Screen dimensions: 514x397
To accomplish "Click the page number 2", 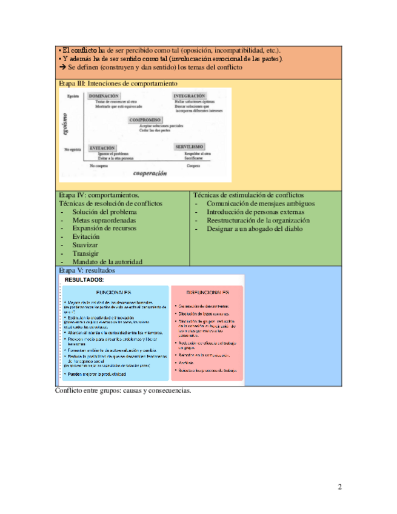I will pyautogui.click(x=340, y=487).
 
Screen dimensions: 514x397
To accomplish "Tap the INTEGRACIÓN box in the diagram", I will pyautogui.click(x=189, y=96).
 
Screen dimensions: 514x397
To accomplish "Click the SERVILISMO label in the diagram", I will pyautogui.click(x=189, y=147).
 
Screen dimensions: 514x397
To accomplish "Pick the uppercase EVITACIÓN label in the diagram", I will pyautogui.click(x=102, y=147).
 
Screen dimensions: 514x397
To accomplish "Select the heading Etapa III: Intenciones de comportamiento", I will pyautogui.click(x=118, y=83).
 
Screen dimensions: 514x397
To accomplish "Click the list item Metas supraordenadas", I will pyautogui.click(x=104, y=221).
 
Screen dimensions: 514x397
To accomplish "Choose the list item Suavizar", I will pyautogui.click(x=85, y=245).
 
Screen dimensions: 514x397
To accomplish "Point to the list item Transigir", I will pyautogui.click(x=86, y=253).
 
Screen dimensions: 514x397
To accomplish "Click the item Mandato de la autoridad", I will pyautogui.click(x=107, y=262).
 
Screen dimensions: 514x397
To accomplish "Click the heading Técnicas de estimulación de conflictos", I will pyautogui.click(x=248, y=195).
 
